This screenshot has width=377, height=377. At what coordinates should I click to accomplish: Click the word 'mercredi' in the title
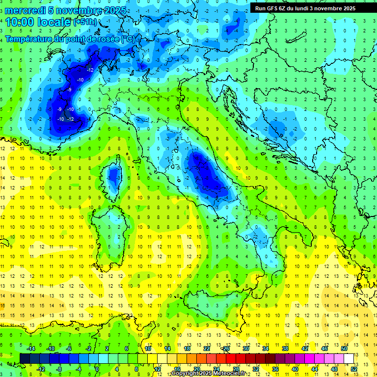tap(26, 10)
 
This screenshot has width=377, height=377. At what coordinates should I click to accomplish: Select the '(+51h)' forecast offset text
tap(85, 23)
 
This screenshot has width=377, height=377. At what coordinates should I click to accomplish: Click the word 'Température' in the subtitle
tap(30, 38)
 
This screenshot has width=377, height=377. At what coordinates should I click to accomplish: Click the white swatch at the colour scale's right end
tap(349, 358)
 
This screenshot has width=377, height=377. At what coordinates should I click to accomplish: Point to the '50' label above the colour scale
tap(344, 349)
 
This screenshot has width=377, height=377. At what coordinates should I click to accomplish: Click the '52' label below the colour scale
tap(354, 369)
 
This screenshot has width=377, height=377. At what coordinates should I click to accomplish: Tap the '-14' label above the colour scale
tap(30, 349)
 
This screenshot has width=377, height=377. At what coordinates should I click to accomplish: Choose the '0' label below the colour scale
tap(97, 369)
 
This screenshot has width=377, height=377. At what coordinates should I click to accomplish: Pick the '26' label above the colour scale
tap(226, 349)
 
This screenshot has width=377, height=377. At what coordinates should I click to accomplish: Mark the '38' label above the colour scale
tap(285, 349)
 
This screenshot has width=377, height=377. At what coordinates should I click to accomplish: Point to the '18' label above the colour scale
tap(187, 349)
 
